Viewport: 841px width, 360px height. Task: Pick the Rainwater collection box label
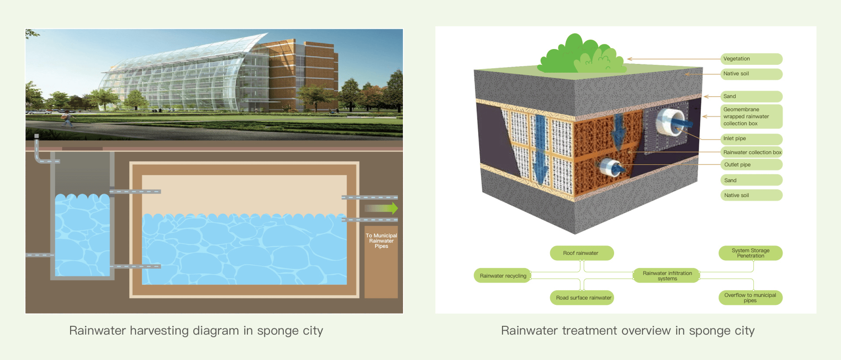coord(752,152)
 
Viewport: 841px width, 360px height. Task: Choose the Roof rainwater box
coord(582,253)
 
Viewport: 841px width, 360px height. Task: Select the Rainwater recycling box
coord(503,276)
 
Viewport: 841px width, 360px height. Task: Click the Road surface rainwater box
coord(582,298)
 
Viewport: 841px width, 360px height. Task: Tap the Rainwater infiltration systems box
coord(667,276)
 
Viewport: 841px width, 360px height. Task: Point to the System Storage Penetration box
coord(750,253)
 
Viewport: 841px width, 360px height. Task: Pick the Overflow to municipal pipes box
coord(750,298)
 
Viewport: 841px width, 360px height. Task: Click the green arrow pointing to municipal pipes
coord(381,208)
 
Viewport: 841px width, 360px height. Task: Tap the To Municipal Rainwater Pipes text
coord(382,241)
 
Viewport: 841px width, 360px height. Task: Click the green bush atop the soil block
coord(582,55)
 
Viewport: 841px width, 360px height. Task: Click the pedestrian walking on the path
coord(67,118)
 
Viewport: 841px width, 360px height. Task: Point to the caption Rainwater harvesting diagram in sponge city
coord(196,331)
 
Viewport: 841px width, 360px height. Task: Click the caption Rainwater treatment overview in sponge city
coord(628,331)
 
